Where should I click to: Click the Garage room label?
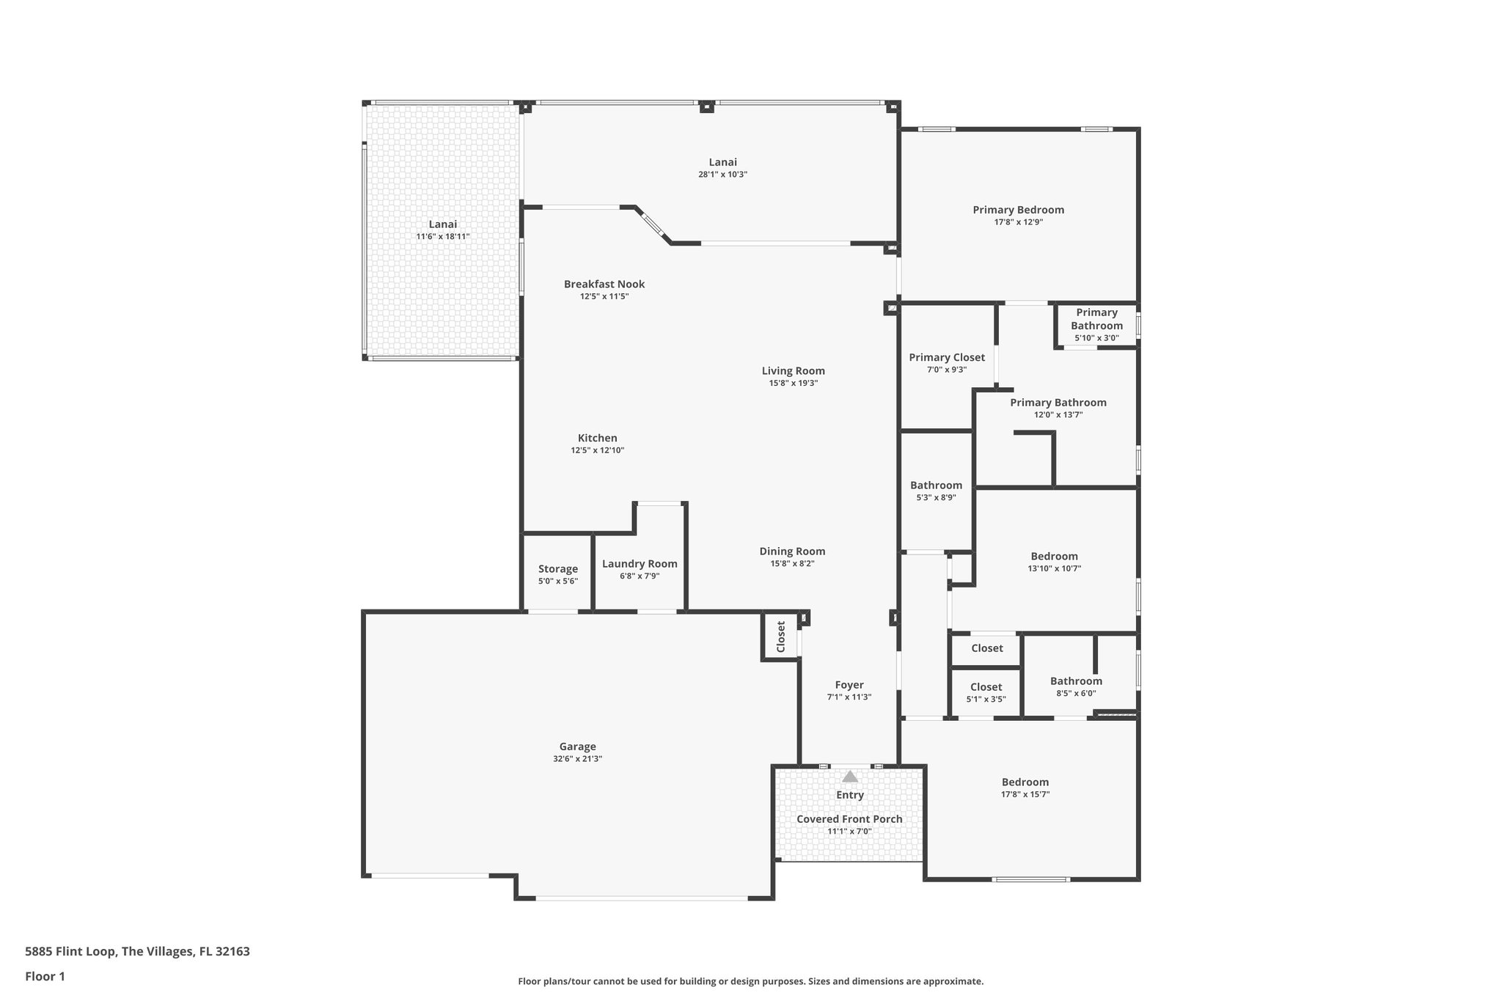[x=577, y=747]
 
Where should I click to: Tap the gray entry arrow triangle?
[x=849, y=777]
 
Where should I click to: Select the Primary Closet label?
[x=946, y=357]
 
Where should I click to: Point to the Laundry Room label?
[x=640, y=563]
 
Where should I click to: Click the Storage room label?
[x=557, y=568]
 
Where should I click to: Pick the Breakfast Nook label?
[x=604, y=284]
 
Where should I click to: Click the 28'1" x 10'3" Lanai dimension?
[x=722, y=175]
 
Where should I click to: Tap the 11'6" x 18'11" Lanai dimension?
[x=442, y=237]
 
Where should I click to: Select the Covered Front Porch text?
[x=849, y=819]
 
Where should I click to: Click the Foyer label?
[x=849, y=685]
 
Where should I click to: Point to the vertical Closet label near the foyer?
[x=781, y=637]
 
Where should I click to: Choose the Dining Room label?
[x=792, y=551]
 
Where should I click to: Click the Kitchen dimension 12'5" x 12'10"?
[x=597, y=450]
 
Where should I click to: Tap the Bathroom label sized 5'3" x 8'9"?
[x=936, y=485]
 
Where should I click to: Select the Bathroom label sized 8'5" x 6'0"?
[x=1076, y=681]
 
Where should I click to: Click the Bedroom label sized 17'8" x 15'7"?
[x=1025, y=782]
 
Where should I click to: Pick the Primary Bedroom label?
[x=1018, y=210]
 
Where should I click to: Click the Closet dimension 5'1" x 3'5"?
[x=986, y=699]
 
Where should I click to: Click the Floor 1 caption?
[x=45, y=977]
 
